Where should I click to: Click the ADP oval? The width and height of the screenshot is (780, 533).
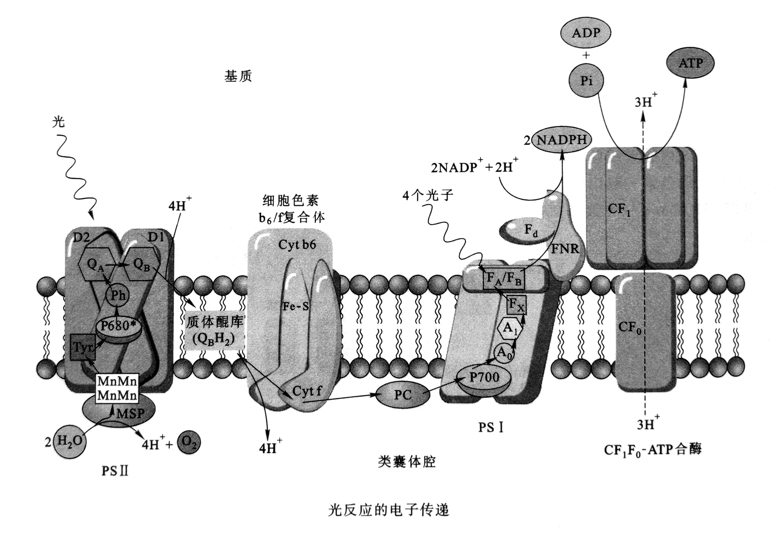click(586, 33)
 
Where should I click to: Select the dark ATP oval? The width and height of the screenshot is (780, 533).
click(690, 63)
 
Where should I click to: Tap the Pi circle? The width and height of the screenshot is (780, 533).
click(586, 81)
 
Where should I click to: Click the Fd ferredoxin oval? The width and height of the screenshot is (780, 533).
click(527, 230)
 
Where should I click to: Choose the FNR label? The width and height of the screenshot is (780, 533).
click(565, 249)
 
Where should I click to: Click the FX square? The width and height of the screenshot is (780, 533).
click(516, 305)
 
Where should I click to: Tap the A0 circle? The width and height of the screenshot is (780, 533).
click(504, 353)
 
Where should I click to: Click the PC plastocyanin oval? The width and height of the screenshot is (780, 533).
click(403, 395)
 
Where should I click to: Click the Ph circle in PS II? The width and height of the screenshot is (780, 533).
click(118, 295)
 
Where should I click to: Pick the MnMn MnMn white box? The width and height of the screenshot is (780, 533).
click(117, 388)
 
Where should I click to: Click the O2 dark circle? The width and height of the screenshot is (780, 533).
click(189, 443)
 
